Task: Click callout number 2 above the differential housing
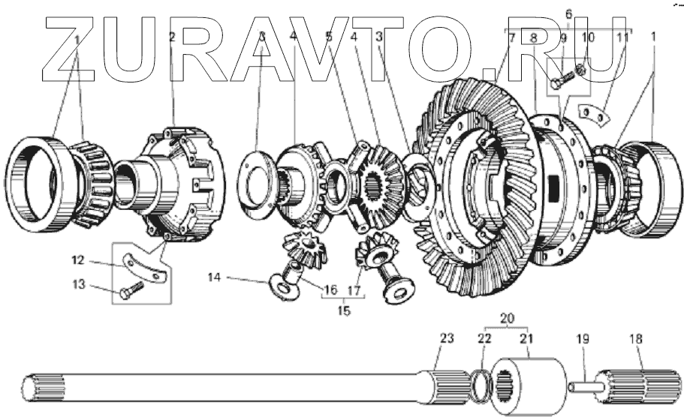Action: pos(171,37)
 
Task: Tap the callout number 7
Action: pos(511,37)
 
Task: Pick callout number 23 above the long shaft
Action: pos(447,338)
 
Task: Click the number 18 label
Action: pos(636,338)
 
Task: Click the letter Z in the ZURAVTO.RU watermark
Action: pos(71,49)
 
